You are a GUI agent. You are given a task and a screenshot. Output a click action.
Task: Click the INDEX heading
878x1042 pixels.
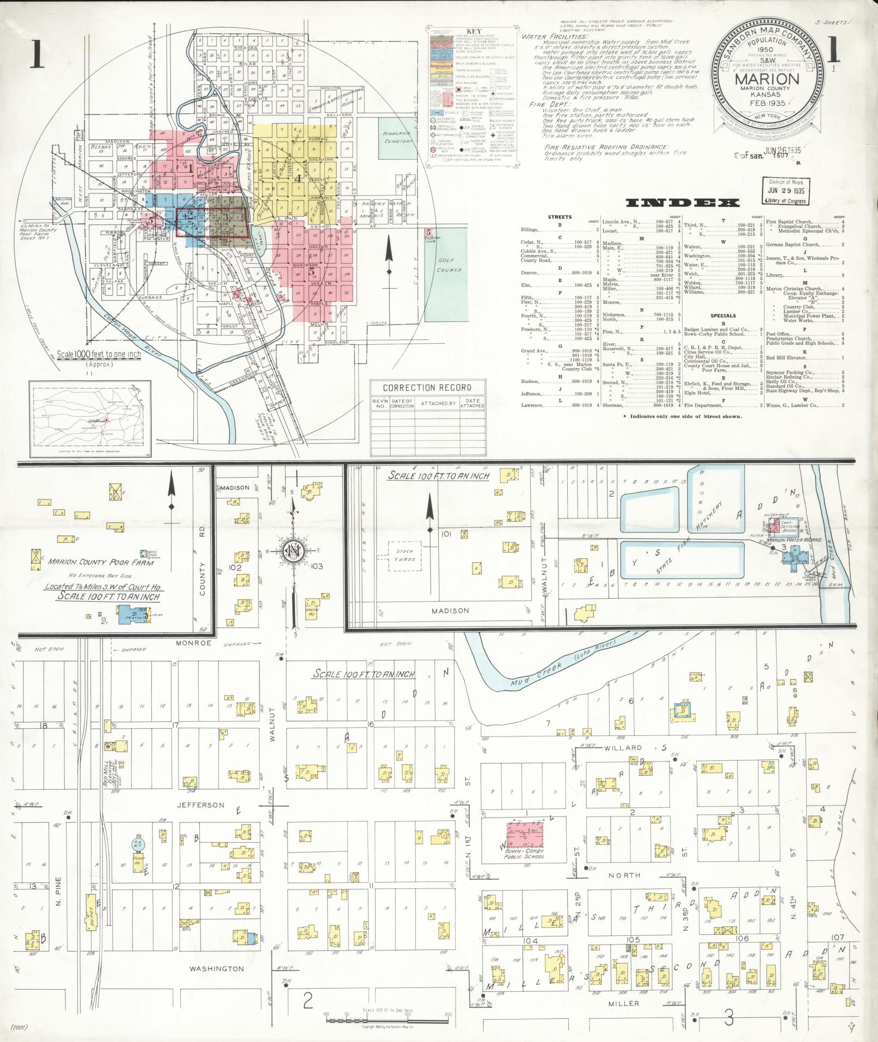(683, 203)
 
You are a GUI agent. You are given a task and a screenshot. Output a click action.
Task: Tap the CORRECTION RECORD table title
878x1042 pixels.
(427, 388)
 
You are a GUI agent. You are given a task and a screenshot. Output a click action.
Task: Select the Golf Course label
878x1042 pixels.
(449, 265)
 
